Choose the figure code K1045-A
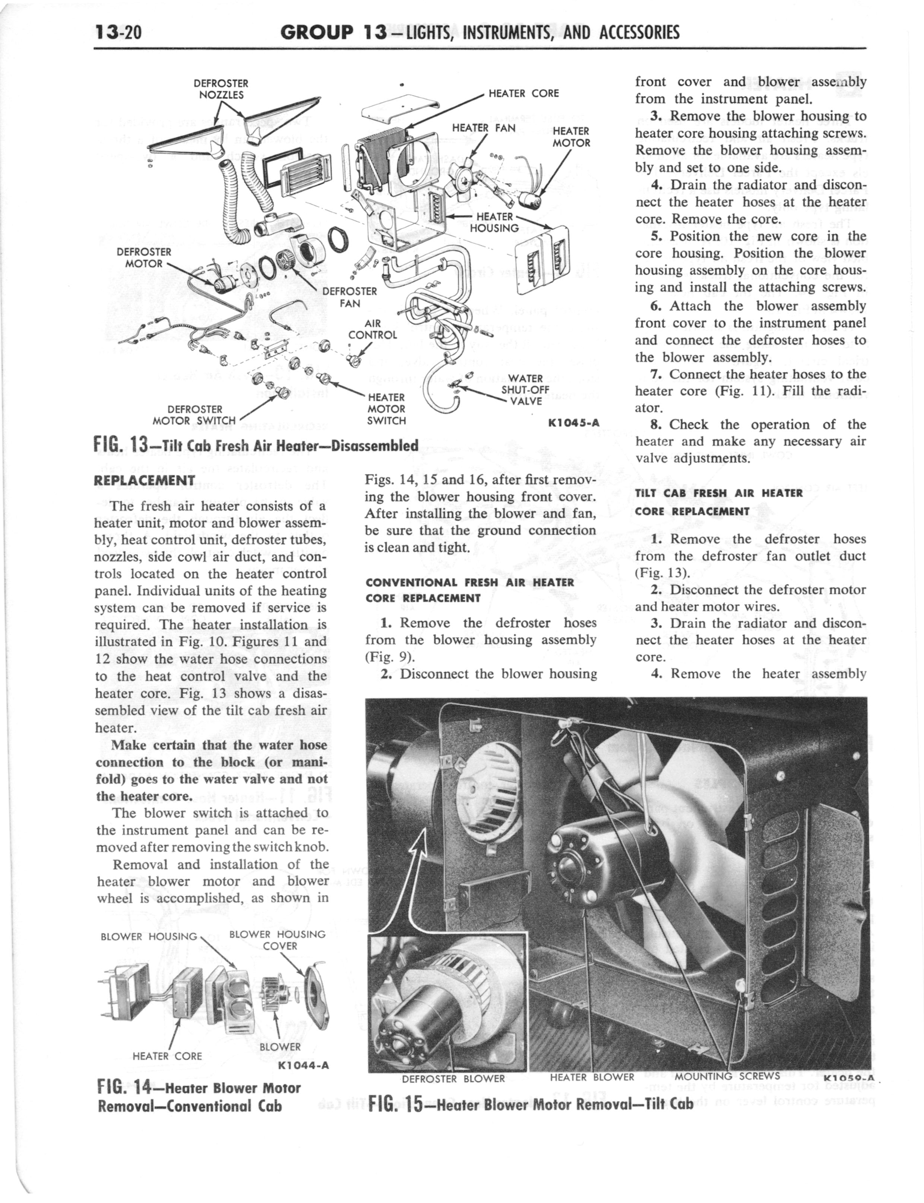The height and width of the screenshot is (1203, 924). coord(573,423)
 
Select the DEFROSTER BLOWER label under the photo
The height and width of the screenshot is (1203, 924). coord(453,1079)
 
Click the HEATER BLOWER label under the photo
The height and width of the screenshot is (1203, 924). coord(592,1077)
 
